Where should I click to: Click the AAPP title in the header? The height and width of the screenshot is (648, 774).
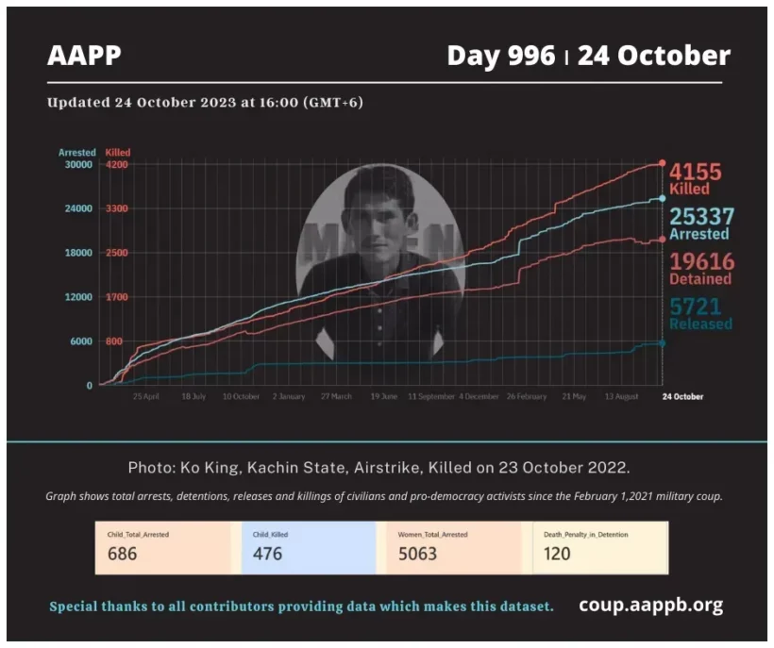(x=84, y=56)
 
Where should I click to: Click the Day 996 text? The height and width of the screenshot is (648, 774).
(x=500, y=56)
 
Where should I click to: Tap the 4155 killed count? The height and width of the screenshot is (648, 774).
(x=696, y=173)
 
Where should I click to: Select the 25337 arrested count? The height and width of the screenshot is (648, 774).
(x=701, y=217)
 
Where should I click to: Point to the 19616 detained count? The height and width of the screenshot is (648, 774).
(x=700, y=261)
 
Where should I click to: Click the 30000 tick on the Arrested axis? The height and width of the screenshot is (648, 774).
(x=76, y=164)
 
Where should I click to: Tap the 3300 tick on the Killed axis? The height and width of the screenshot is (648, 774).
(x=117, y=208)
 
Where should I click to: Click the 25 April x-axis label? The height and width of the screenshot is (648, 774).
(x=145, y=397)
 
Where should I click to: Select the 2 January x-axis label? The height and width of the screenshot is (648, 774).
(x=288, y=397)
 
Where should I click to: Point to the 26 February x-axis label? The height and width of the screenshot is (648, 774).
(x=526, y=397)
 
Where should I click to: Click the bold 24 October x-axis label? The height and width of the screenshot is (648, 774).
(x=681, y=397)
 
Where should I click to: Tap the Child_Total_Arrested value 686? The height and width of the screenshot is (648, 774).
(x=122, y=554)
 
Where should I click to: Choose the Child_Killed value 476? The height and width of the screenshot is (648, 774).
(x=267, y=554)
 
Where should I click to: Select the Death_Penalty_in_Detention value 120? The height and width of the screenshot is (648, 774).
(x=557, y=554)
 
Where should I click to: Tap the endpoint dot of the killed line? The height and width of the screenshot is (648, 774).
(x=662, y=163)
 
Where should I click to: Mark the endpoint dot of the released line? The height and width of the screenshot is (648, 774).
(x=662, y=343)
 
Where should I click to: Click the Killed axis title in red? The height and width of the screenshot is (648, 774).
(x=118, y=152)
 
